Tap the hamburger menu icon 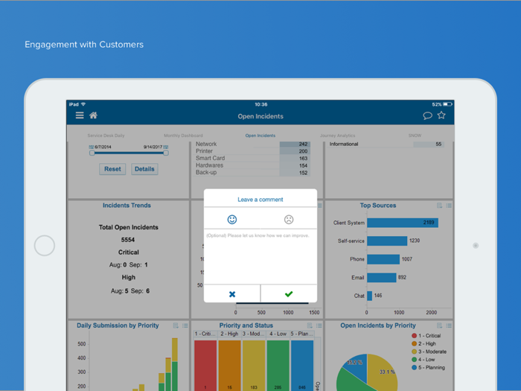[80, 115]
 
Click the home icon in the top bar [93, 115]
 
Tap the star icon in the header [441, 115]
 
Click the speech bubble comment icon [427, 115]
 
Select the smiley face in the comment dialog [232, 220]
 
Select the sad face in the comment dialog [289, 220]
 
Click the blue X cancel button [232, 294]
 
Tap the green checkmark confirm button [289, 294]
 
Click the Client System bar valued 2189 [402, 223]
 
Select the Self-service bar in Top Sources [387, 241]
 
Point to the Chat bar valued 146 [370, 296]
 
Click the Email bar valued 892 [382, 277]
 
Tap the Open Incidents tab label [260, 136]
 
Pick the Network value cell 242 [295, 144]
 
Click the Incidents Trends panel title [127, 206]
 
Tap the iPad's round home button [45, 246]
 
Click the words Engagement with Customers [84, 45]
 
